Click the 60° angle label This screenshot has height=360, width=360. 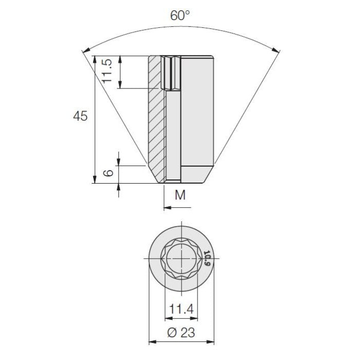(181, 15)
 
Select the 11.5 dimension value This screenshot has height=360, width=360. (107, 71)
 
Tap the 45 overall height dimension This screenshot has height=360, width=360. (80, 116)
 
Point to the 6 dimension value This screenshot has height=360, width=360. (107, 174)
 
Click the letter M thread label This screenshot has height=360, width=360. (180, 195)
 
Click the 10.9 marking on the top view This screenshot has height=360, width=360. (207, 258)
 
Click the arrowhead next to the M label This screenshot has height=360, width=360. (166, 208)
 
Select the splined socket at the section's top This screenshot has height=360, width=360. (172, 72)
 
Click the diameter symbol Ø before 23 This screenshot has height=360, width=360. (172, 333)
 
